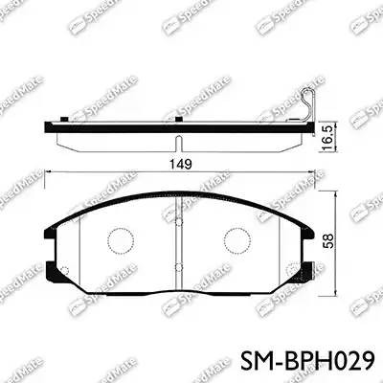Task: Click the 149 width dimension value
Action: (x=181, y=164)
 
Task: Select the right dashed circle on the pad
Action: (x=237, y=238)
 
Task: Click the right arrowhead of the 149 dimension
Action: (x=308, y=172)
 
